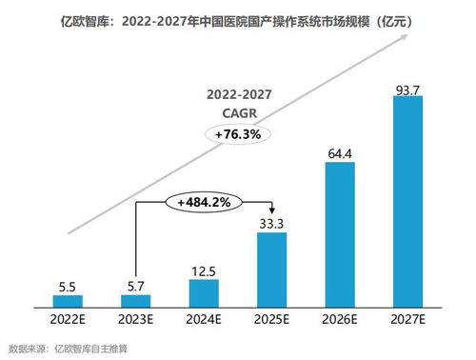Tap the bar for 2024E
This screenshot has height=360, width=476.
tap(204, 292)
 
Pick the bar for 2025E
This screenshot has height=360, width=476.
tap(271, 269)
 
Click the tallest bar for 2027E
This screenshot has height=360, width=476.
tap(407, 200)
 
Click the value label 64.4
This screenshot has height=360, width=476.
tap(340, 152)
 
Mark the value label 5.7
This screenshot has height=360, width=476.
tap(136, 285)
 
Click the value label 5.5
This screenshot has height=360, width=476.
tap(68, 285)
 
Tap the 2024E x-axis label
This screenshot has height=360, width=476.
tap(204, 320)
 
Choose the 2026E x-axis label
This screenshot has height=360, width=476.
tap(340, 320)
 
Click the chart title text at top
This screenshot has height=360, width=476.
tap(237, 19)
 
